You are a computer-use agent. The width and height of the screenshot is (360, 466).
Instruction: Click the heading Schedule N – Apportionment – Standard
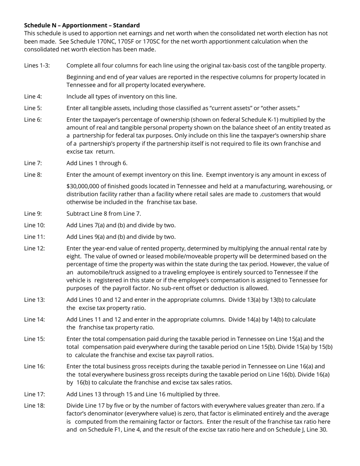click(x=82, y=25)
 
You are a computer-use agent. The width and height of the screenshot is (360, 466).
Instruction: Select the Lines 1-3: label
click(x=37, y=66)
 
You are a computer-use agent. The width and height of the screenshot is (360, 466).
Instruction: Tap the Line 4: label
click(x=33, y=97)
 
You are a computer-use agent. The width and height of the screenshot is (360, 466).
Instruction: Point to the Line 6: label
click(x=33, y=120)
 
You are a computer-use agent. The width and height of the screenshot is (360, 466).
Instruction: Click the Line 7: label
click(x=33, y=163)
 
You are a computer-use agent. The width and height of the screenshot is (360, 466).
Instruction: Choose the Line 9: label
click(x=33, y=214)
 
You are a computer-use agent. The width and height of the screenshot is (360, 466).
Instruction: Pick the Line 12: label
click(x=34, y=249)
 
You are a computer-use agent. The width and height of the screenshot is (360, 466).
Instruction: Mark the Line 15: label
click(x=34, y=339)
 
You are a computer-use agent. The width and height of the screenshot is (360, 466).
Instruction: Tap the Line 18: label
click(x=34, y=406)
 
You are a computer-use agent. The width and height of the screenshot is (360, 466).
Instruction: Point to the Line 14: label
click(x=34, y=319)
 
